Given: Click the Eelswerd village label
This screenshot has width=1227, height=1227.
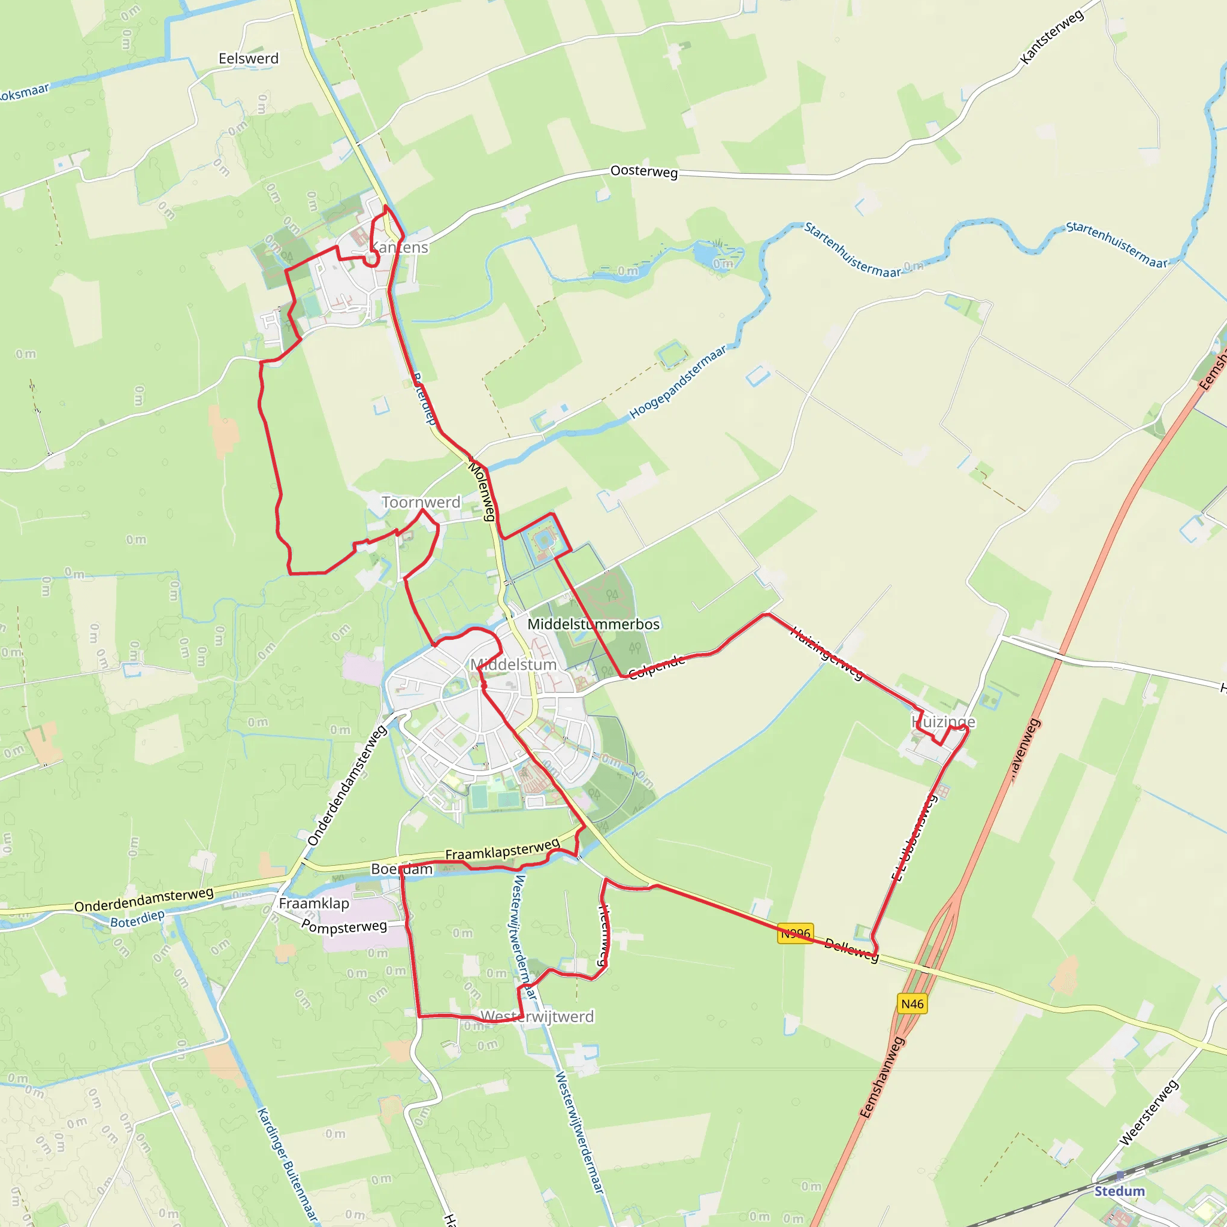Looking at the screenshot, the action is (248, 59).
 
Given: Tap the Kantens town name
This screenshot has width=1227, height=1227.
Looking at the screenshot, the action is (400, 247).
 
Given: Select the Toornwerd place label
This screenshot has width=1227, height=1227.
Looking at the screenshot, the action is (421, 501).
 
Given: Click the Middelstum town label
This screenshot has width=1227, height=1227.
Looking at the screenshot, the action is (513, 664).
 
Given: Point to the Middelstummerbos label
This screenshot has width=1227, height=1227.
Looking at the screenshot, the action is (593, 624).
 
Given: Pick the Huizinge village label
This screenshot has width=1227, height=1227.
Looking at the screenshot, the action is (943, 722).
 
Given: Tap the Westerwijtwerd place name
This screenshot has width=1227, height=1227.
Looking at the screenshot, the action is (537, 1016).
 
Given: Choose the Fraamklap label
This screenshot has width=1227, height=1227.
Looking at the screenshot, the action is (314, 903).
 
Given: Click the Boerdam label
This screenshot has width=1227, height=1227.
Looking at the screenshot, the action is (401, 869).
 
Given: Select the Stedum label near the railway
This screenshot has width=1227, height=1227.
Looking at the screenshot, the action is (1119, 1191).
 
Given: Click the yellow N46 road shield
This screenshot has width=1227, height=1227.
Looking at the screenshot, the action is (912, 1004).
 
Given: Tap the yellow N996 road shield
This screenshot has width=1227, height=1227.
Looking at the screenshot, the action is (795, 933).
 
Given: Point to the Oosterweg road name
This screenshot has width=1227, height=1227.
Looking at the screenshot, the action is (643, 171).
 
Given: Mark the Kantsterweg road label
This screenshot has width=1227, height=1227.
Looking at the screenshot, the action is (1051, 37).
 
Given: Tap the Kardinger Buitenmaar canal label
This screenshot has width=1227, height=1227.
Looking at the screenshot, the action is (286, 1164).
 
